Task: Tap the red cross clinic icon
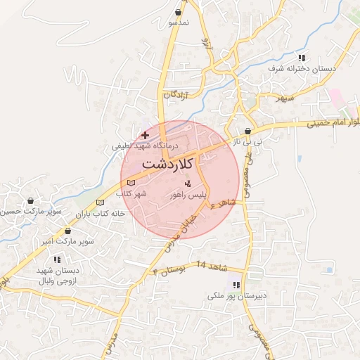[145, 134]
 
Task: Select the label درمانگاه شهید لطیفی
[146, 146]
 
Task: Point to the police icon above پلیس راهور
[187, 184]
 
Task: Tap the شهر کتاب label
[130, 193]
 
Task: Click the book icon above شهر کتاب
[130, 184]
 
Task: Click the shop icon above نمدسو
[180, 13]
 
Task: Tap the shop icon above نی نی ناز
[247, 131]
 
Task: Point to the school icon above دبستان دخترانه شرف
[302, 58]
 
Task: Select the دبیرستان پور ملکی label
[236, 296]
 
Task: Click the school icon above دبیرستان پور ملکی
[236, 285]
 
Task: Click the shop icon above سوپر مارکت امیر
[68, 231]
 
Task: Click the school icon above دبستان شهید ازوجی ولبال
[57, 259]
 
